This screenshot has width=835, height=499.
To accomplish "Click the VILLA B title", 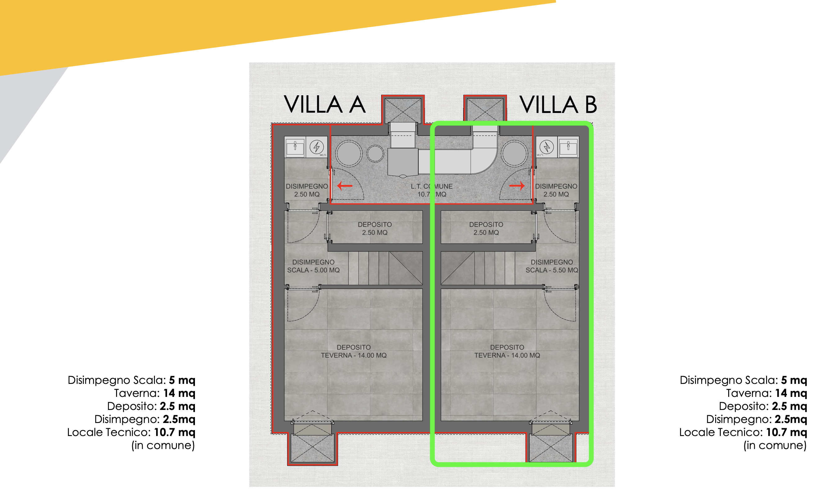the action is click(x=558, y=104).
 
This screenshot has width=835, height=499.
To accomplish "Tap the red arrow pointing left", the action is click(x=345, y=186).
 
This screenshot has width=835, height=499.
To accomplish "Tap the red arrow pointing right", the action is click(x=517, y=186).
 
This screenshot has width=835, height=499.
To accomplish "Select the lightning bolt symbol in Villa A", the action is click(x=316, y=147).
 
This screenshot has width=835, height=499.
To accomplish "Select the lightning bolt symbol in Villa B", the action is click(x=547, y=147).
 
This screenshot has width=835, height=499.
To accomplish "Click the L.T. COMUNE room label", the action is click(x=431, y=190).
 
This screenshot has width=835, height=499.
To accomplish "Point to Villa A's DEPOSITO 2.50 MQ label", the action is click(x=375, y=228).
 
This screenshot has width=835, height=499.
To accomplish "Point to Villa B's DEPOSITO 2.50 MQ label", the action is click(x=486, y=228).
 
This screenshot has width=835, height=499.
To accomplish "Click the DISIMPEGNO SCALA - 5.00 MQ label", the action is click(x=313, y=266).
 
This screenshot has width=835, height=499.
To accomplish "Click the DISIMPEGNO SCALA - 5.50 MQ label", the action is click(x=552, y=266).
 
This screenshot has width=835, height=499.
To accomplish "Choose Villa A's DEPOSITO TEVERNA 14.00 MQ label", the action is click(x=354, y=351).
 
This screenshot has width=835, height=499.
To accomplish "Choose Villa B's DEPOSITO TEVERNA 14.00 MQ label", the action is click(x=507, y=351).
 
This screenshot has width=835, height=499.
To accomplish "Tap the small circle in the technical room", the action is click(x=375, y=154).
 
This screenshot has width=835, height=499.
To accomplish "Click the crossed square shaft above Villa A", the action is click(x=403, y=110).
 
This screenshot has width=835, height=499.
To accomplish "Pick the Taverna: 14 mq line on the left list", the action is click(x=155, y=393).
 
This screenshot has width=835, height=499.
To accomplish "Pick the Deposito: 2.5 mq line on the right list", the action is click(x=763, y=406).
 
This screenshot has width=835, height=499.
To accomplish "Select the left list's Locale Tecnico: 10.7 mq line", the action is click(x=131, y=432).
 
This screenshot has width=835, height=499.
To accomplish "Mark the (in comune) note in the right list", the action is click(x=775, y=445).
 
